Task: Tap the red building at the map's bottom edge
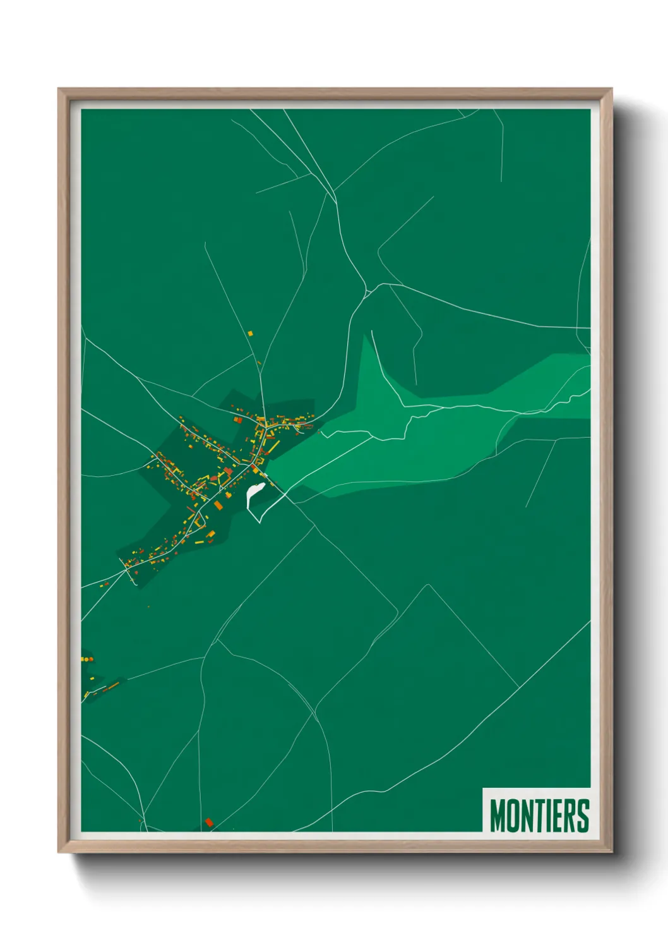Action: (x=209, y=823)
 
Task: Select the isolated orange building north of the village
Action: (x=250, y=333)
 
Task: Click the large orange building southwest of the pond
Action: (x=218, y=505)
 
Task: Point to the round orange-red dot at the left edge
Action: (x=90, y=660)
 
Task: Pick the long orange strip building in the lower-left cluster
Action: (x=111, y=686)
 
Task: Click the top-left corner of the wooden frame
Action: (x=59, y=89)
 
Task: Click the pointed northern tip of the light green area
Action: (x=364, y=336)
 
